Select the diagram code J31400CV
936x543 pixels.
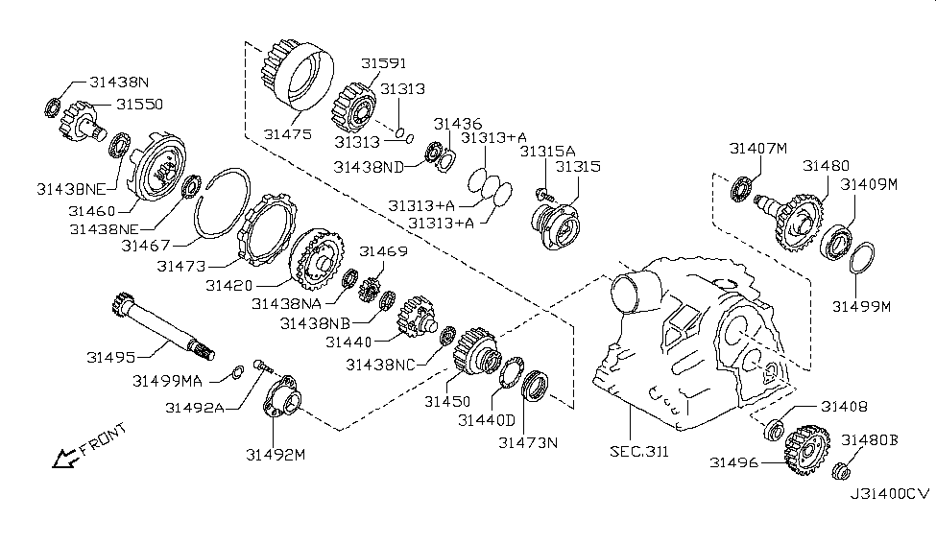click(889, 493)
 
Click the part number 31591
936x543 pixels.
click(384, 63)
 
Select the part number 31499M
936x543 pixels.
click(862, 306)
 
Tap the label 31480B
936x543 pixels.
click(870, 439)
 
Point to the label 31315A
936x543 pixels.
click(547, 151)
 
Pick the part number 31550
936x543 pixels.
click(141, 103)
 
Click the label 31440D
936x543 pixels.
click(486, 420)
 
